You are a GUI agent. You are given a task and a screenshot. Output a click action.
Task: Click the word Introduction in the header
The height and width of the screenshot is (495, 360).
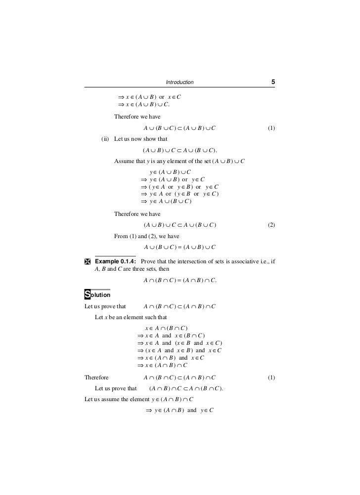pos(180,82)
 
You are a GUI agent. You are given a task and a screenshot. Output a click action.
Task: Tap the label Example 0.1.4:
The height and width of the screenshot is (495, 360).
pos(116,261)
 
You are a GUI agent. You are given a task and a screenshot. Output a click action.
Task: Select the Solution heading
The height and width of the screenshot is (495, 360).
pos(97,295)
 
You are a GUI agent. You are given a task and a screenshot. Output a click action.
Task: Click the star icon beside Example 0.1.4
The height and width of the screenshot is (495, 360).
pos(88,261)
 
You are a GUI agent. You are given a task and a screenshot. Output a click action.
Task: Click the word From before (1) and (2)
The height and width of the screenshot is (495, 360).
pos(121,236)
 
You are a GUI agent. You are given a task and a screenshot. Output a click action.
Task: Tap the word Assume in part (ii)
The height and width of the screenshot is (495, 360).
pos(124,162)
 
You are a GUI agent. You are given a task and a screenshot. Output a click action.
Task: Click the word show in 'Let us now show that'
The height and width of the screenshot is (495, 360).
pos(151,139)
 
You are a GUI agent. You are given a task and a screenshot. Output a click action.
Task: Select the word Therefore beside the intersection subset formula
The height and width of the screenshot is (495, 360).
pos(96,378)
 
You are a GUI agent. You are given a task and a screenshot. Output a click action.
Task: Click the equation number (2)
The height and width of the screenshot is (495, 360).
pos(271,225)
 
